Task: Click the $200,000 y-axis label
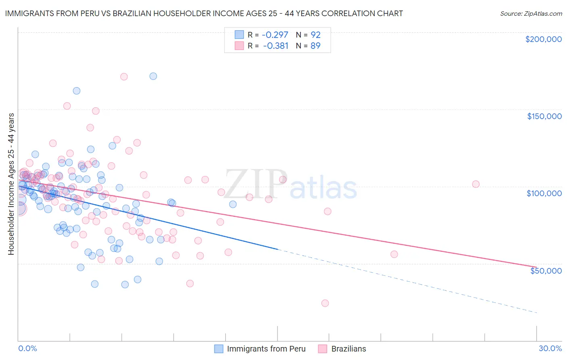coord(543,39)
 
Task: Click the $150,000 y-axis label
coord(544,116)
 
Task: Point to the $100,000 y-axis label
coord(544,193)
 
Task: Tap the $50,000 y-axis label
coord(546,271)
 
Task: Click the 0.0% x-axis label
coord(27,348)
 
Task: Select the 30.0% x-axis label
coord(550,348)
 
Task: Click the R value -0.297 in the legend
coord(275,35)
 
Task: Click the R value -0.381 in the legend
coord(275,46)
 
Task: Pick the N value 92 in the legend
coord(315,35)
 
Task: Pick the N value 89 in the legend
coord(315,46)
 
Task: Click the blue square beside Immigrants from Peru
coord(219,349)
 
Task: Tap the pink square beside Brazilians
coord(322,349)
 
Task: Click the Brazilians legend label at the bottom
coord(348,349)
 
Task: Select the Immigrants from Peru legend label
coord(266,349)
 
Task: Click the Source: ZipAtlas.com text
coord(531,14)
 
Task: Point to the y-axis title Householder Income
coord(11,184)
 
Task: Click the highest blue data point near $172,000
coord(153,76)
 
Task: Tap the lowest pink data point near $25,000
coord(325,303)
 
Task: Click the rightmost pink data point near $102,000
coord(476,184)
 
